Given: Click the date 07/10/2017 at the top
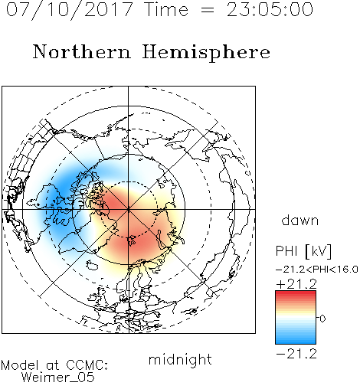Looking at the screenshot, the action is (70, 10).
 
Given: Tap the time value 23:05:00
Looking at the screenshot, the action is (270, 9).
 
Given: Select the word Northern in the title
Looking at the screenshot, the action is (82, 51).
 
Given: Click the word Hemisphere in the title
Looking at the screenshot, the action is (206, 53).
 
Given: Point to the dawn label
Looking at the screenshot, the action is (300, 221).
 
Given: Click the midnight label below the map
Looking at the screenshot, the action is (180, 359).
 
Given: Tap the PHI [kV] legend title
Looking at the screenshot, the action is (303, 251).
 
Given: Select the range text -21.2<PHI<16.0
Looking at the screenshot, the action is (317, 270).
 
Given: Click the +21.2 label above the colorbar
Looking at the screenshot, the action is (296, 284).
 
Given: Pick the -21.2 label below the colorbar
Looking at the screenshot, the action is (296, 354).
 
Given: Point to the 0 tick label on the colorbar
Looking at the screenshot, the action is (322, 319).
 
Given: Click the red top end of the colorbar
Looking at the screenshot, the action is (296, 293).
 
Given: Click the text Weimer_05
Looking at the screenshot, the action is (58, 377).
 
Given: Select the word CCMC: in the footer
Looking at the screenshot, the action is (87, 365).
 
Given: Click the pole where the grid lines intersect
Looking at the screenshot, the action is (129, 210).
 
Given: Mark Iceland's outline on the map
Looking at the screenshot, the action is (92, 265).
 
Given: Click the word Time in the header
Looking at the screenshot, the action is (166, 9).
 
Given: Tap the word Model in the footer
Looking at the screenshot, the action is (20, 365).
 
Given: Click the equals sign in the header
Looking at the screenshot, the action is (208, 10).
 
